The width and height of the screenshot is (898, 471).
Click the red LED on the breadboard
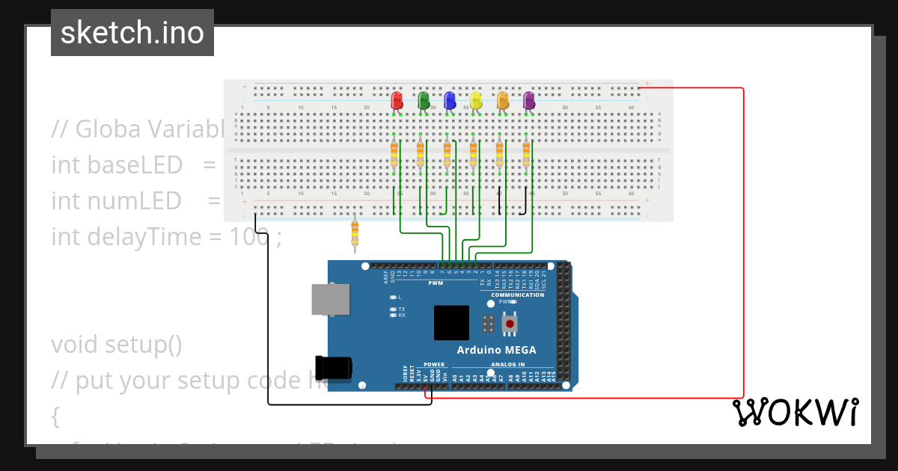point(397,99)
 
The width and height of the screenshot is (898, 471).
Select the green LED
point(423,99)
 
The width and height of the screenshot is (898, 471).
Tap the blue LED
point(449,99)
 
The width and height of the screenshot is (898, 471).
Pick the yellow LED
point(476,99)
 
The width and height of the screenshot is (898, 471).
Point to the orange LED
point(502,99)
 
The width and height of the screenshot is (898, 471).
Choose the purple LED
point(528,99)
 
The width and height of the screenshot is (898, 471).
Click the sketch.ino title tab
point(132,33)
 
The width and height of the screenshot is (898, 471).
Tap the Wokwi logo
point(795,412)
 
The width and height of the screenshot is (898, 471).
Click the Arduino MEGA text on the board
point(496,350)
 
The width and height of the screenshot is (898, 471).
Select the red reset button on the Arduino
point(510,324)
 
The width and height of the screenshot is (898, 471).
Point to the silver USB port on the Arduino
point(331,299)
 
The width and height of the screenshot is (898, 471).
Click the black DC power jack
point(334,367)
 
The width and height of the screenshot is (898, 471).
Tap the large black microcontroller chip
point(451,323)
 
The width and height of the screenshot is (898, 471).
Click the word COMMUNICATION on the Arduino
point(518,295)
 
